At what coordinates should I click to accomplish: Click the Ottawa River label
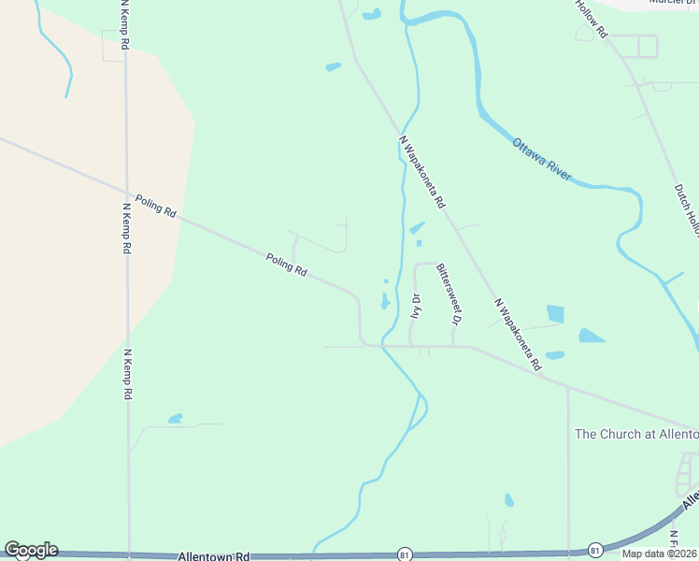click(x=541, y=160)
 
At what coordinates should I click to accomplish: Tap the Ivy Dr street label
click(x=415, y=307)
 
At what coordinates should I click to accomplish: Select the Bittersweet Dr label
click(x=447, y=293)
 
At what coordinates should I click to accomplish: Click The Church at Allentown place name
click(x=636, y=434)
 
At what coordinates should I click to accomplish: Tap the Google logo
click(x=31, y=550)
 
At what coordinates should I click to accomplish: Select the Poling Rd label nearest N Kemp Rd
click(x=155, y=206)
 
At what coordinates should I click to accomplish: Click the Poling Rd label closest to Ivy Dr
click(x=286, y=265)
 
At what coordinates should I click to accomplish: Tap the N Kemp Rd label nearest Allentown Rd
click(x=126, y=374)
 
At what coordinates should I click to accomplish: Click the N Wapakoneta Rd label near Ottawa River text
click(x=423, y=172)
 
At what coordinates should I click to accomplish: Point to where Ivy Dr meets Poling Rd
click(x=410, y=346)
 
